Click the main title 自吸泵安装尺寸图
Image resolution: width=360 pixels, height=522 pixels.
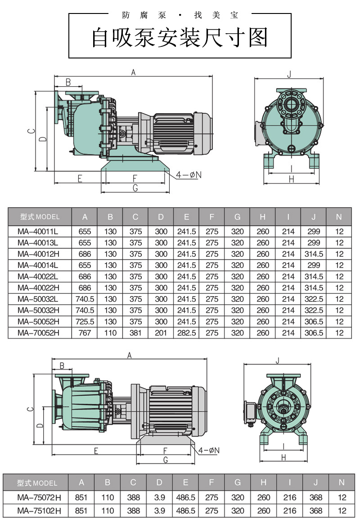tap(180, 38)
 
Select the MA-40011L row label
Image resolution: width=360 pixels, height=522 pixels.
tap(38, 232)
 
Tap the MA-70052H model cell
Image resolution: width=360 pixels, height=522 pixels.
tap(38, 333)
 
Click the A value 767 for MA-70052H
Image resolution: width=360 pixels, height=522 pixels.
tap(85, 333)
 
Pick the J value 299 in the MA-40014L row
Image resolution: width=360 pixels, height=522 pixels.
tap(314, 265)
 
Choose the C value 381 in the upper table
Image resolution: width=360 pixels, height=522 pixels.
tap(135, 333)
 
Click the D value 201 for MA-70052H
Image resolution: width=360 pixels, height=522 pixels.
tap(161, 333)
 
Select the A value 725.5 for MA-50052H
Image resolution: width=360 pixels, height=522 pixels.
tap(85, 321)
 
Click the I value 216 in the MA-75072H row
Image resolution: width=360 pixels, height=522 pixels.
tap(289, 498)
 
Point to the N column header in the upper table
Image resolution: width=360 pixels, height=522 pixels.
tap(339, 217)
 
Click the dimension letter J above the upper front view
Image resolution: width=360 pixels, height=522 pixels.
tap(289, 74)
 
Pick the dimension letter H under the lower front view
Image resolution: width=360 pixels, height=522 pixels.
tap(284, 458)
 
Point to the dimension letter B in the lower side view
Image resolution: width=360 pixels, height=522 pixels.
tap(62, 365)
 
